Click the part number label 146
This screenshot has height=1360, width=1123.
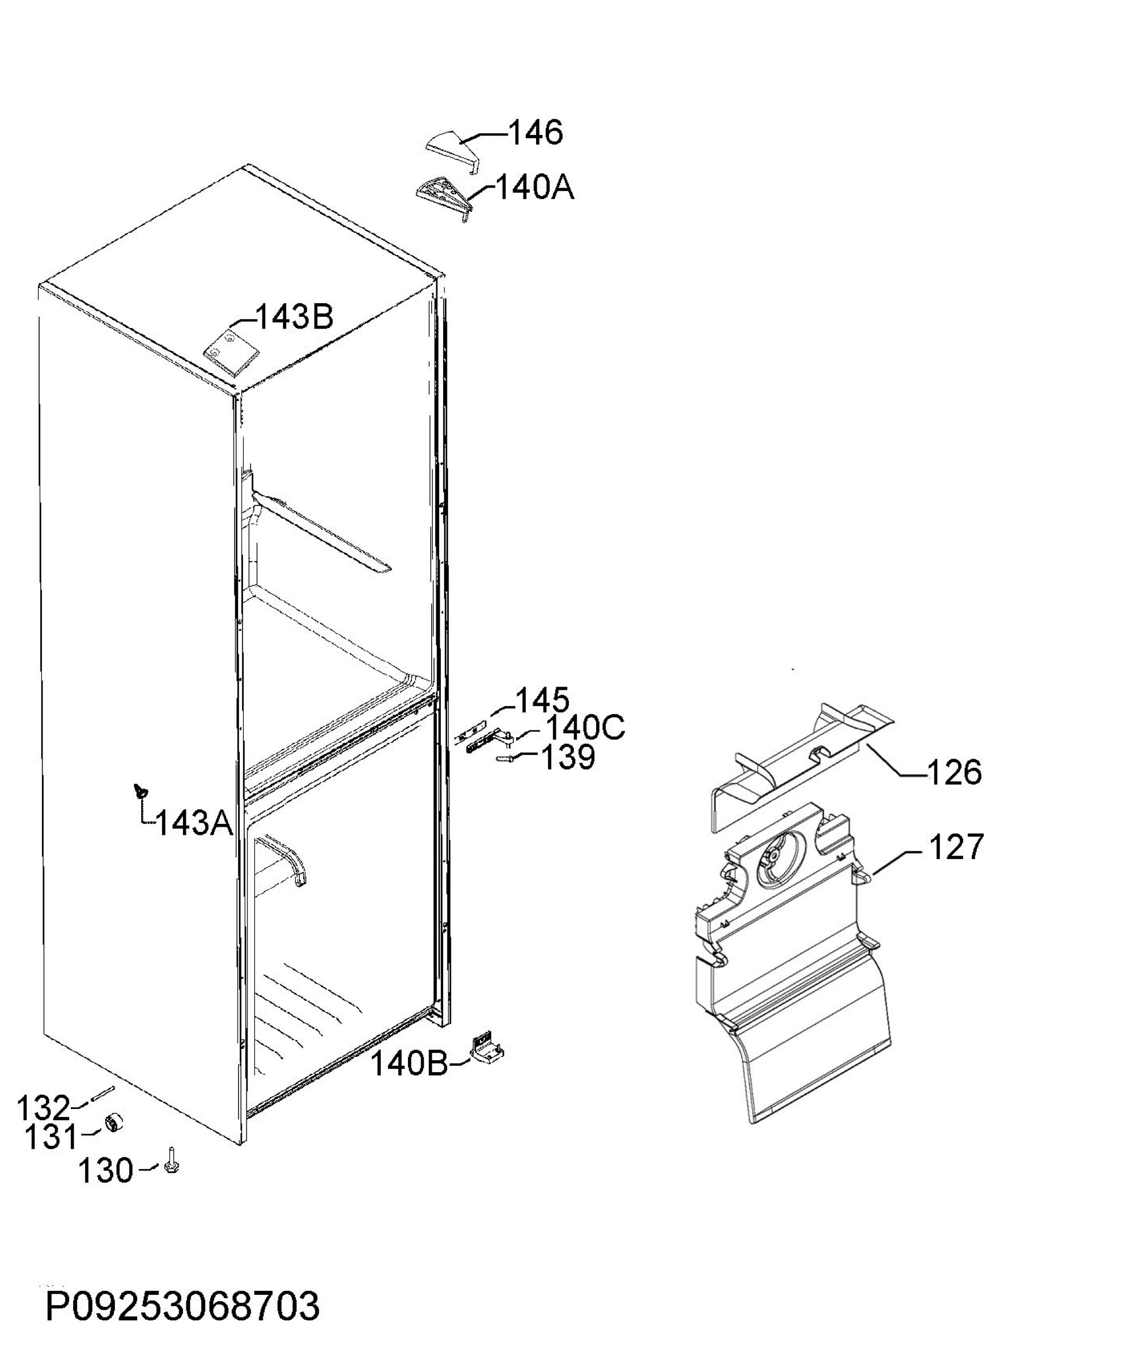point(535,133)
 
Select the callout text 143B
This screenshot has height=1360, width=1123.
point(294,317)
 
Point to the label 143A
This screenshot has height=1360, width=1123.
point(195,823)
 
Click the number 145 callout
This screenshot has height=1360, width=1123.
point(542,699)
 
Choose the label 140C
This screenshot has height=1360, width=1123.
point(585,728)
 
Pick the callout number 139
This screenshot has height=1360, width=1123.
point(567,757)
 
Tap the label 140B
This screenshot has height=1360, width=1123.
point(410,1063)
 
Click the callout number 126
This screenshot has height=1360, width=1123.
point(954,772)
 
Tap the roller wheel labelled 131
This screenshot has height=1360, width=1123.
point(114,1124)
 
